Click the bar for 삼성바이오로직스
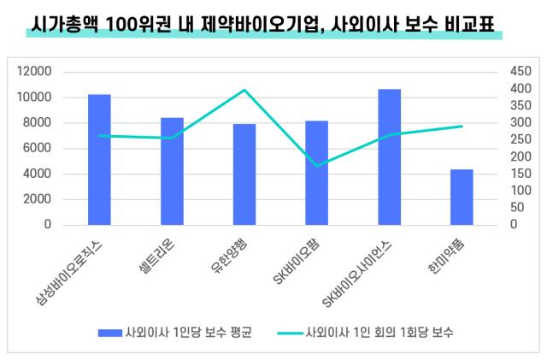(99, 160)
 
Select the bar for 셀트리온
(172, 171)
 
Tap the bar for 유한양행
(244, 174)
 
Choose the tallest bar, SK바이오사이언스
(390, 157)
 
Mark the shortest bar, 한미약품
(462, 197)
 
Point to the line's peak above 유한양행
(244, 90)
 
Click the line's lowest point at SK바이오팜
(317, 166)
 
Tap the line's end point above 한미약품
(462, 127)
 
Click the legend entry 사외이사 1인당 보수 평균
(187, 332)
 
